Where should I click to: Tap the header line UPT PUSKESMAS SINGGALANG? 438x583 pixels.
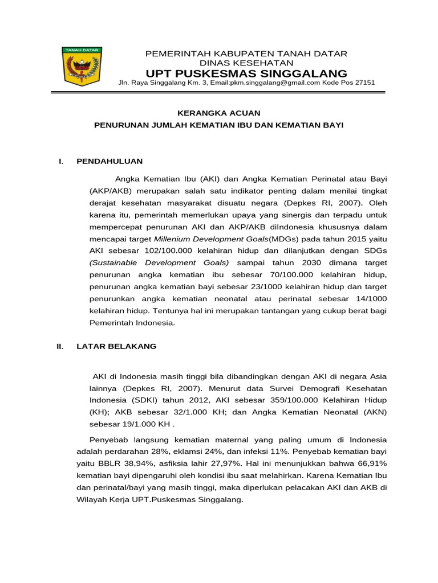(246, 73)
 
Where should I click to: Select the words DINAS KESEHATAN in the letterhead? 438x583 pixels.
(246, 63)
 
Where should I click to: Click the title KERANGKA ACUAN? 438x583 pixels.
(219, 113)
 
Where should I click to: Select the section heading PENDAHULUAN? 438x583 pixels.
(109, 162)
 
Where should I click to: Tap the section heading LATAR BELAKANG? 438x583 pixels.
(116, 346)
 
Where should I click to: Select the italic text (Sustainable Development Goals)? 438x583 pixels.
(159, 263)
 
